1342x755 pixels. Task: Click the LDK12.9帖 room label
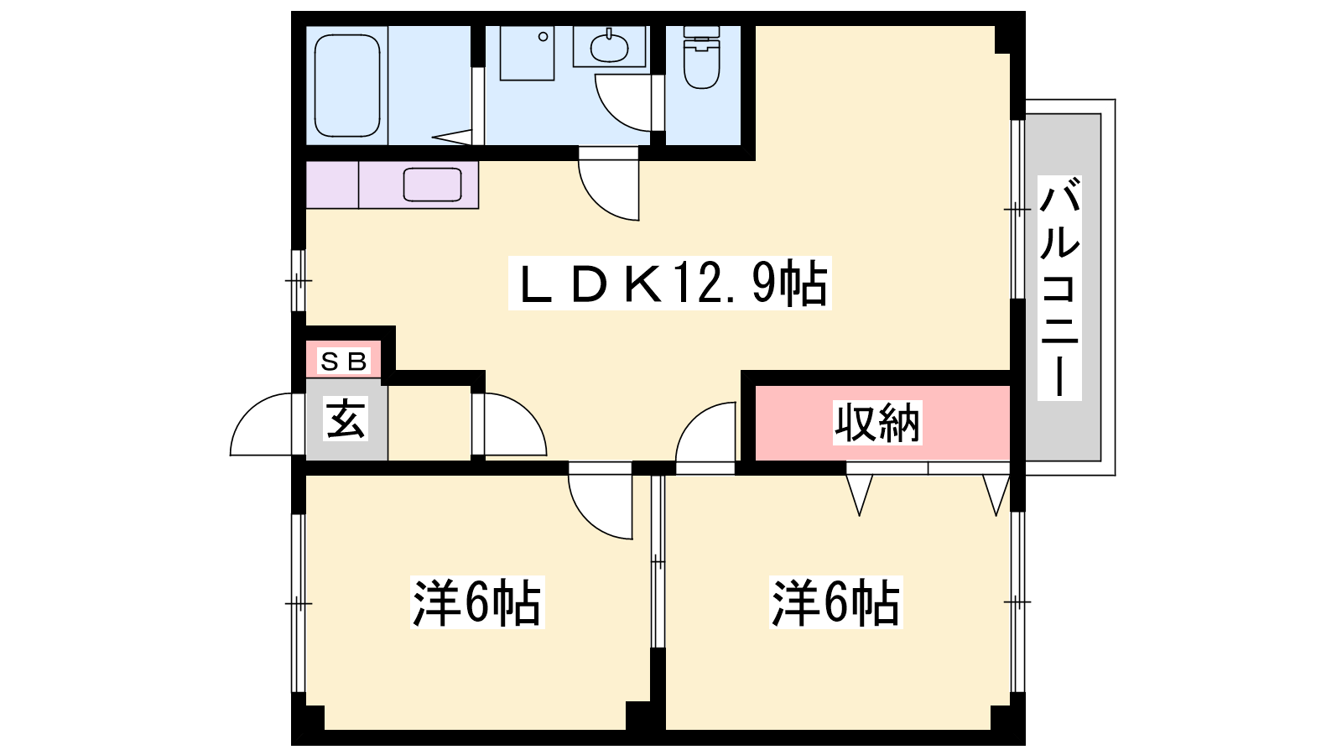pos(670,283)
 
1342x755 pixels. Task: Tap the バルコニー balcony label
pos(1059,288)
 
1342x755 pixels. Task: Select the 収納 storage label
pos(877,424)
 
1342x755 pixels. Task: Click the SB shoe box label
pos(343,362)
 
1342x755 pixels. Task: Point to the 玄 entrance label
pos(346,419)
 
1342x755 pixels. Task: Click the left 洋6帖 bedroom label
pos(477,602)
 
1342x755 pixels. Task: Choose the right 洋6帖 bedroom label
pos(835,602)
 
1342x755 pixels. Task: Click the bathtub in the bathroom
pos(347,85)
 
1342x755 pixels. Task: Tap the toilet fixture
pos(701,58)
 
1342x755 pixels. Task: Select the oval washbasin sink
pos(609,46)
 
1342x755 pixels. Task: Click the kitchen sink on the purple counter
pos(432,185)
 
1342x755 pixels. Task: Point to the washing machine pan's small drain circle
pos(543,37)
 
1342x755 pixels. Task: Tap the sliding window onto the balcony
pos(1017,209)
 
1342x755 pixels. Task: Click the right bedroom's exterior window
pos(1017,601)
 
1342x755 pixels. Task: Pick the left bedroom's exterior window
pos(299,603)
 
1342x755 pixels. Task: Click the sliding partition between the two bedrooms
pos(658,561)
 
